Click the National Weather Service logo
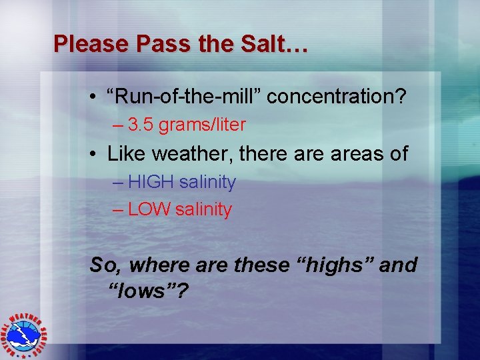[x=27, y=334]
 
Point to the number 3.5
[x=139, y=125]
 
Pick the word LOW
[x=149, y=209]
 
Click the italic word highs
[x=341, y=265]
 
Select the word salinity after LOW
[x=203, y=209]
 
